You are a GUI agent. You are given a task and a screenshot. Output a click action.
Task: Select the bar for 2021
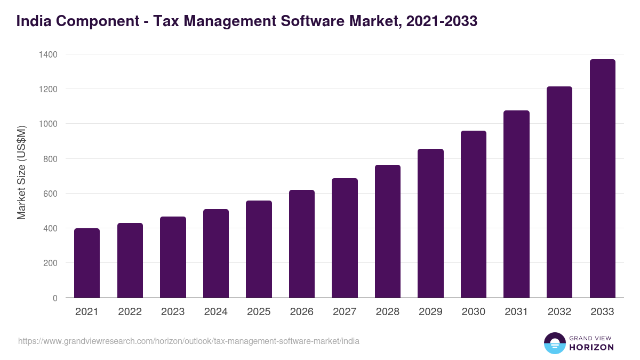pos(87,263)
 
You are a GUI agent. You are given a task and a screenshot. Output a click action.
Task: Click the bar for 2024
pos(216,253)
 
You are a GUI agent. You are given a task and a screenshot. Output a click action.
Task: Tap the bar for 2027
pos(345,238)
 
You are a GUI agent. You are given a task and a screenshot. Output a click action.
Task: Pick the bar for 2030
pos(474,214)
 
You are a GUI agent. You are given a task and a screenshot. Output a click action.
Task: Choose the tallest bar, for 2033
pos(602,178)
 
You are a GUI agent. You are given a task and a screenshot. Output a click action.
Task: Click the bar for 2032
pos(559,192)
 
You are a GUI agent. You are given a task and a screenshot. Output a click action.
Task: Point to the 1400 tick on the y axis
pos(47,54)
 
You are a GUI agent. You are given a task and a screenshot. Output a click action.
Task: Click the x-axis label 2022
pos(130,312)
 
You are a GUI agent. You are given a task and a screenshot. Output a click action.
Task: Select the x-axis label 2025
pos(259,312)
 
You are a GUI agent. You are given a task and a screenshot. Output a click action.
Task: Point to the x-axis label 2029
pos(430,312)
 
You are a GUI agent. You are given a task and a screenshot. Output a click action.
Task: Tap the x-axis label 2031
pos(516,312)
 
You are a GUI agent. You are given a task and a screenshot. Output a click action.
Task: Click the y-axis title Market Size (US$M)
pos(21,172)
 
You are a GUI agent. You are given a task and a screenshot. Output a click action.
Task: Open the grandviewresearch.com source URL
pos(188,341)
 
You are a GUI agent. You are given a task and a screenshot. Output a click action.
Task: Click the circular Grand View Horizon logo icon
pos(554,343)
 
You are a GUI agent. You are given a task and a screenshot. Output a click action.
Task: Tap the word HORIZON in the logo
pos(591,347)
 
